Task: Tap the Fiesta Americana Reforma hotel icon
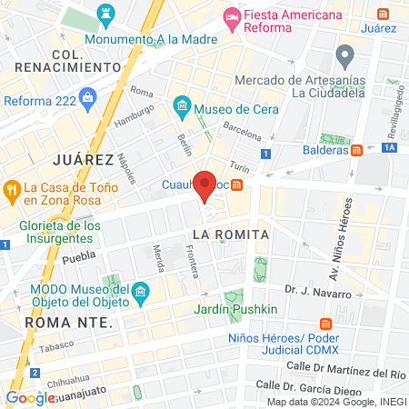pos(232,17)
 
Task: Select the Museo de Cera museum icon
pos(182,108)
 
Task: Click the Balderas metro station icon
pos(358,150)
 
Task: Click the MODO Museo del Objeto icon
pos(140,291)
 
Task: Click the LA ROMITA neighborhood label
pos(231,234)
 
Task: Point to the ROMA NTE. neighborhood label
pos(68,323)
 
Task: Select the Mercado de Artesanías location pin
pos(344,57)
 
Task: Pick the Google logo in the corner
pos(30,398)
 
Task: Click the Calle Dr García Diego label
pos(310,386)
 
